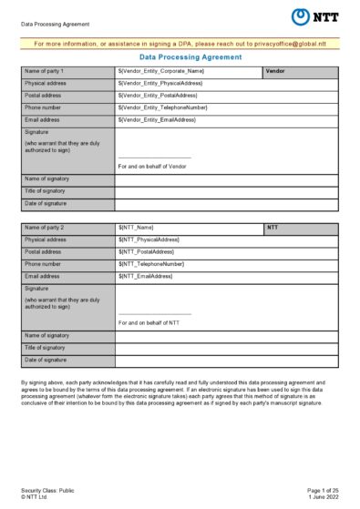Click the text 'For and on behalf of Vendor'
click(x=152, y=167)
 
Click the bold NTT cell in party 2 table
click(x=273, y=228)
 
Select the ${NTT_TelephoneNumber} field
click(x=149, y=264)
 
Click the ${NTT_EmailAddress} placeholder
click(x=145, y=276)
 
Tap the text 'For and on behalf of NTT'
click(x=149, y=323)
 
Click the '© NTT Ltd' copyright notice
click(x=37, y=497)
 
